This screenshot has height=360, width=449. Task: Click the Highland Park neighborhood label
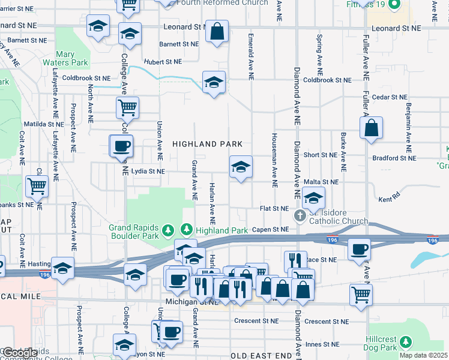(x=208, y=144)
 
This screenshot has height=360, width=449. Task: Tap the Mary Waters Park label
(x=73, y=58)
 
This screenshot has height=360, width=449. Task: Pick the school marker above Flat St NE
(x=313, y=197)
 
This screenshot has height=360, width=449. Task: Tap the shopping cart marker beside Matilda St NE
(x=127, y=108)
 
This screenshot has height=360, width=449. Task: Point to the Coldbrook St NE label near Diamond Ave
(x=327, y=80)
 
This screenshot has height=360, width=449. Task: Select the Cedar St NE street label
(x=390, y=97)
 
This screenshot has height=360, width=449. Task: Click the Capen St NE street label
(x=270, y=229)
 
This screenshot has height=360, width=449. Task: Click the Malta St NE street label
(x=321, y=182)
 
